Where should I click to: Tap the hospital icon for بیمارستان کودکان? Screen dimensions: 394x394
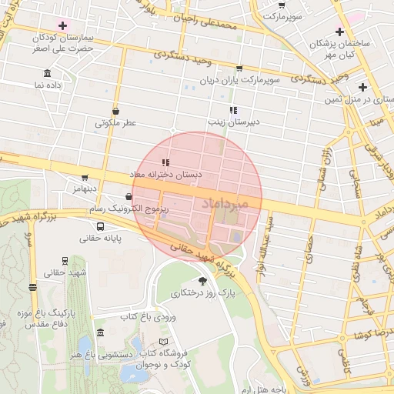[62, 25]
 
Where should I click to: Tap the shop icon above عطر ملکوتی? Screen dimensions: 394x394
[115, 110]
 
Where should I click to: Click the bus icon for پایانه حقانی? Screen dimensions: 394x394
[101, 226]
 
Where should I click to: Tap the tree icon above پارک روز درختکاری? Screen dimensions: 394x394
[202, 281]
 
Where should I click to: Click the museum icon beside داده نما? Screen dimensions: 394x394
[48, 74]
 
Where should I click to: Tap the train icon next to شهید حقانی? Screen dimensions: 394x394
[63, 261]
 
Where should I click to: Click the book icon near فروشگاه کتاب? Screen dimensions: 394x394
[162, 341]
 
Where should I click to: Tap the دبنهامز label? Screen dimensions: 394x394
[85, 189]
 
